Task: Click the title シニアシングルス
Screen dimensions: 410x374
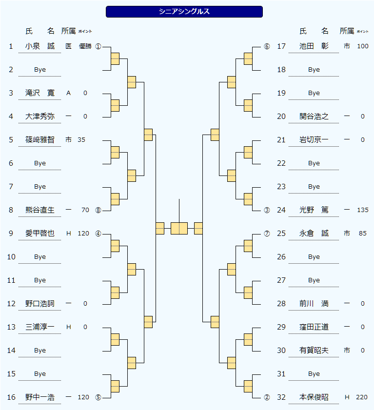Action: (x=184, y=12)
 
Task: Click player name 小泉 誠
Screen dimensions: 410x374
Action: (x=40, y=46)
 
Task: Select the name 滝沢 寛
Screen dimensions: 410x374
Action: (x=40, y=93)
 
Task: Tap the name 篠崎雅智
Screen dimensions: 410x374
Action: (x=40, y=140)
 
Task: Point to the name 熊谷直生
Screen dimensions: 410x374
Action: (x=40, y=210)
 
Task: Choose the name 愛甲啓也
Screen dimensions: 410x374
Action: (x=40, y=234)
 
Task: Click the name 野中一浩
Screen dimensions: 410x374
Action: (x=40, y=397)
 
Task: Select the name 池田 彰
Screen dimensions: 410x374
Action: (x=314, y=46)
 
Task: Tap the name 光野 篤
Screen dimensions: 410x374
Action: (x=314, y=210)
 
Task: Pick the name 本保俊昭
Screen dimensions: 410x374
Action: (x=314, y=397)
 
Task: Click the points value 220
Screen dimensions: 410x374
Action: (x=362, y=397)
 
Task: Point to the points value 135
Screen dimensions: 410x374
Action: (x=362, y=210)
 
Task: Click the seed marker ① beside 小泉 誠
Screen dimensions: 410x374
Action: (x=98, y=47)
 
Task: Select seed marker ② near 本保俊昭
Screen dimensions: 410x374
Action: (x=267, y=397)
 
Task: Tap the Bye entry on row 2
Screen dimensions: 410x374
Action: (x=40, y=70)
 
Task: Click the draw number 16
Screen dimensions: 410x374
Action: (x=11, y=397)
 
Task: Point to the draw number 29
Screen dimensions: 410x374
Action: (x=281, y=327)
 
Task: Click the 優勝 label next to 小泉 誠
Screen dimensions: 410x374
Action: (x=85, y=46)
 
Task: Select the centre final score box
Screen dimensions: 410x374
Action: (x=179, y=228)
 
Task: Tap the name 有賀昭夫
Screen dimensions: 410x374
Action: (x=314, y=351)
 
